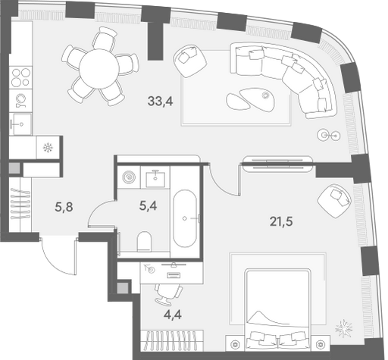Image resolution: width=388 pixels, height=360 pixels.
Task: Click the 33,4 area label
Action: click(x=161, y=102)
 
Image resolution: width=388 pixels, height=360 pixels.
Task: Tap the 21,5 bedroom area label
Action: click(x=281, y=222)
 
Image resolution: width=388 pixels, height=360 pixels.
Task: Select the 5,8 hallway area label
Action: click(x=64, y=207)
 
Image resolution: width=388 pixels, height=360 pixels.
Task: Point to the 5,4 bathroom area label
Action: click(x=148, y=206)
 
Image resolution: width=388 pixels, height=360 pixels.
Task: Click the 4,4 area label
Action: click(x=173, y=315)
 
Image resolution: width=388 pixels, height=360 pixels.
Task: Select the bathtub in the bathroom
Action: click(x=185, y=218)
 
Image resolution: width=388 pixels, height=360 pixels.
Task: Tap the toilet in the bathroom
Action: click(x=144, y=242)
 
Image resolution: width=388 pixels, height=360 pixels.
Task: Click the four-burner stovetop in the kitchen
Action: click(x=20, y=77)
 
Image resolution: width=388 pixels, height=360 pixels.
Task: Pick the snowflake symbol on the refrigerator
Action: click(x=48, y=148)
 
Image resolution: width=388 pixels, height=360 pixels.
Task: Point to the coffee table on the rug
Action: click(x=251, y=99)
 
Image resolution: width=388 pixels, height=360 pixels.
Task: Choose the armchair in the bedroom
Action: click(x=334, y=200)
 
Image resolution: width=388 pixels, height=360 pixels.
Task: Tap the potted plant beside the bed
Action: click(x=343, y=328)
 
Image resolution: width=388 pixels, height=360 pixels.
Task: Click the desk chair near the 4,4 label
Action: click(x=168, y=294)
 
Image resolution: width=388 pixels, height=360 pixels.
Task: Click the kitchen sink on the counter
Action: click(x=21, y=124)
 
